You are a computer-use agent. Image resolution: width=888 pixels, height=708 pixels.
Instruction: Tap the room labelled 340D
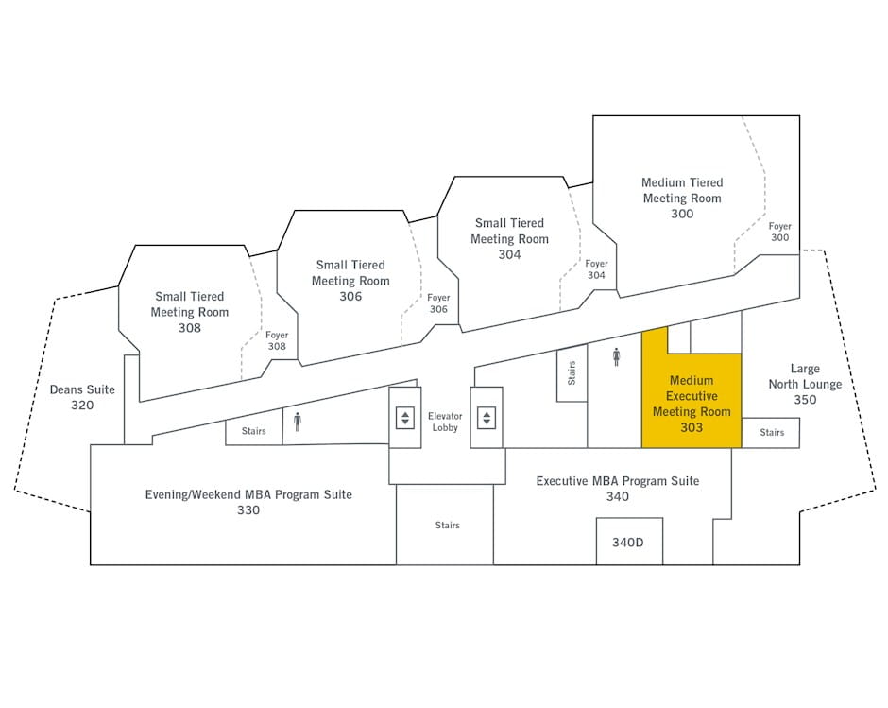pos(629,542)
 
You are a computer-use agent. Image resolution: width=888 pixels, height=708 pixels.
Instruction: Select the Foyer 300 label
pos(779,232)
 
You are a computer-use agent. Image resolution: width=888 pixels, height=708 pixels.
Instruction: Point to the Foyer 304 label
pos(596,269)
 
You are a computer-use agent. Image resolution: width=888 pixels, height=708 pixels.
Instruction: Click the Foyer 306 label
pos(438,303)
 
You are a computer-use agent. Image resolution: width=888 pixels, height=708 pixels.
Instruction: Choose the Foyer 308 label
pos(277,340)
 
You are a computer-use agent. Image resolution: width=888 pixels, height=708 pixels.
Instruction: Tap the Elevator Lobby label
pos(445,422)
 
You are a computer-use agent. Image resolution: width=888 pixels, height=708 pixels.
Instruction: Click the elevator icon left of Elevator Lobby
pos(405,418)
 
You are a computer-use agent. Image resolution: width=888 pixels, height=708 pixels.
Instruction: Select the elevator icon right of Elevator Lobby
pos(487,418)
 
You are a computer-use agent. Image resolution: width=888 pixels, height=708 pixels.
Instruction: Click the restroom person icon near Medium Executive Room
pos(616,357)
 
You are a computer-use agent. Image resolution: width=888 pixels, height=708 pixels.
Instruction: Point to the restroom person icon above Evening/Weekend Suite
pos(298,422)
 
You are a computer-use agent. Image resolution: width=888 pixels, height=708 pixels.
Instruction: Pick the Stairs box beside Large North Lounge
pos(771,433)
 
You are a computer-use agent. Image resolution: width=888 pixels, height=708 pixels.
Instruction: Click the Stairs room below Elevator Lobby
pos(445,525)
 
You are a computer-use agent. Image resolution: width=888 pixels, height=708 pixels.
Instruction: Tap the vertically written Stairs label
pos(572,373)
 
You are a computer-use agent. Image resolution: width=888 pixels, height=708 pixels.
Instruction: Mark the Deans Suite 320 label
pos(82,397)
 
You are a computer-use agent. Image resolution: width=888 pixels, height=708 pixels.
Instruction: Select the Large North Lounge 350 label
pos(805,384)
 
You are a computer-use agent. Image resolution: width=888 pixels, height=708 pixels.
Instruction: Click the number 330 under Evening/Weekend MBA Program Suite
pos(248,510)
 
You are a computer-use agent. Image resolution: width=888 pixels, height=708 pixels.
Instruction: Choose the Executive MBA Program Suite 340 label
pos(617,489)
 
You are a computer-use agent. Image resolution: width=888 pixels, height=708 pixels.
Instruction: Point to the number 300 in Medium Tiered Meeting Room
pos(682,214)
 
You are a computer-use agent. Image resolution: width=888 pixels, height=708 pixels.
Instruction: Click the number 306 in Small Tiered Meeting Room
pos(350,296)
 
